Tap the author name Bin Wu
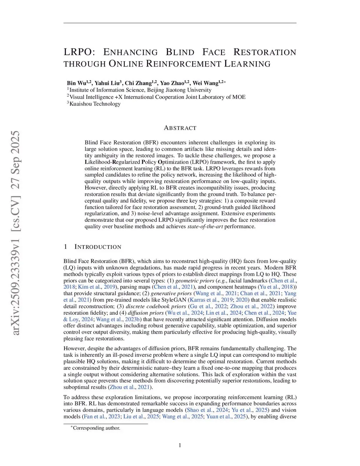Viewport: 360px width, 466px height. coord(76,83)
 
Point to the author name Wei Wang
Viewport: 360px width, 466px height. coord(205,83)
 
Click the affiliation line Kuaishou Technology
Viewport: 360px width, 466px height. coord(95,104)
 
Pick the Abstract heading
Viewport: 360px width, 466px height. coord(180,128)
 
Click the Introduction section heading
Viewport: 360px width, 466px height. coord(98,247)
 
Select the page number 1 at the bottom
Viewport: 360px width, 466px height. coord(180,445)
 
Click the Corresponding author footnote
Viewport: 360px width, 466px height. coord(96,428)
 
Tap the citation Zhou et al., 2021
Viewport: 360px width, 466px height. coord(130,387)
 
